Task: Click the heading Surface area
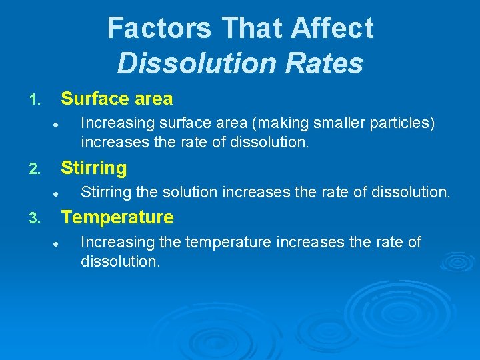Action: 117,99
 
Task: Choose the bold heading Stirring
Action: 93,168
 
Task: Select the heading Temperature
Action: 117,217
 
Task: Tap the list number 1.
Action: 35,101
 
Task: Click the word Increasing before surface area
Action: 109,123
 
